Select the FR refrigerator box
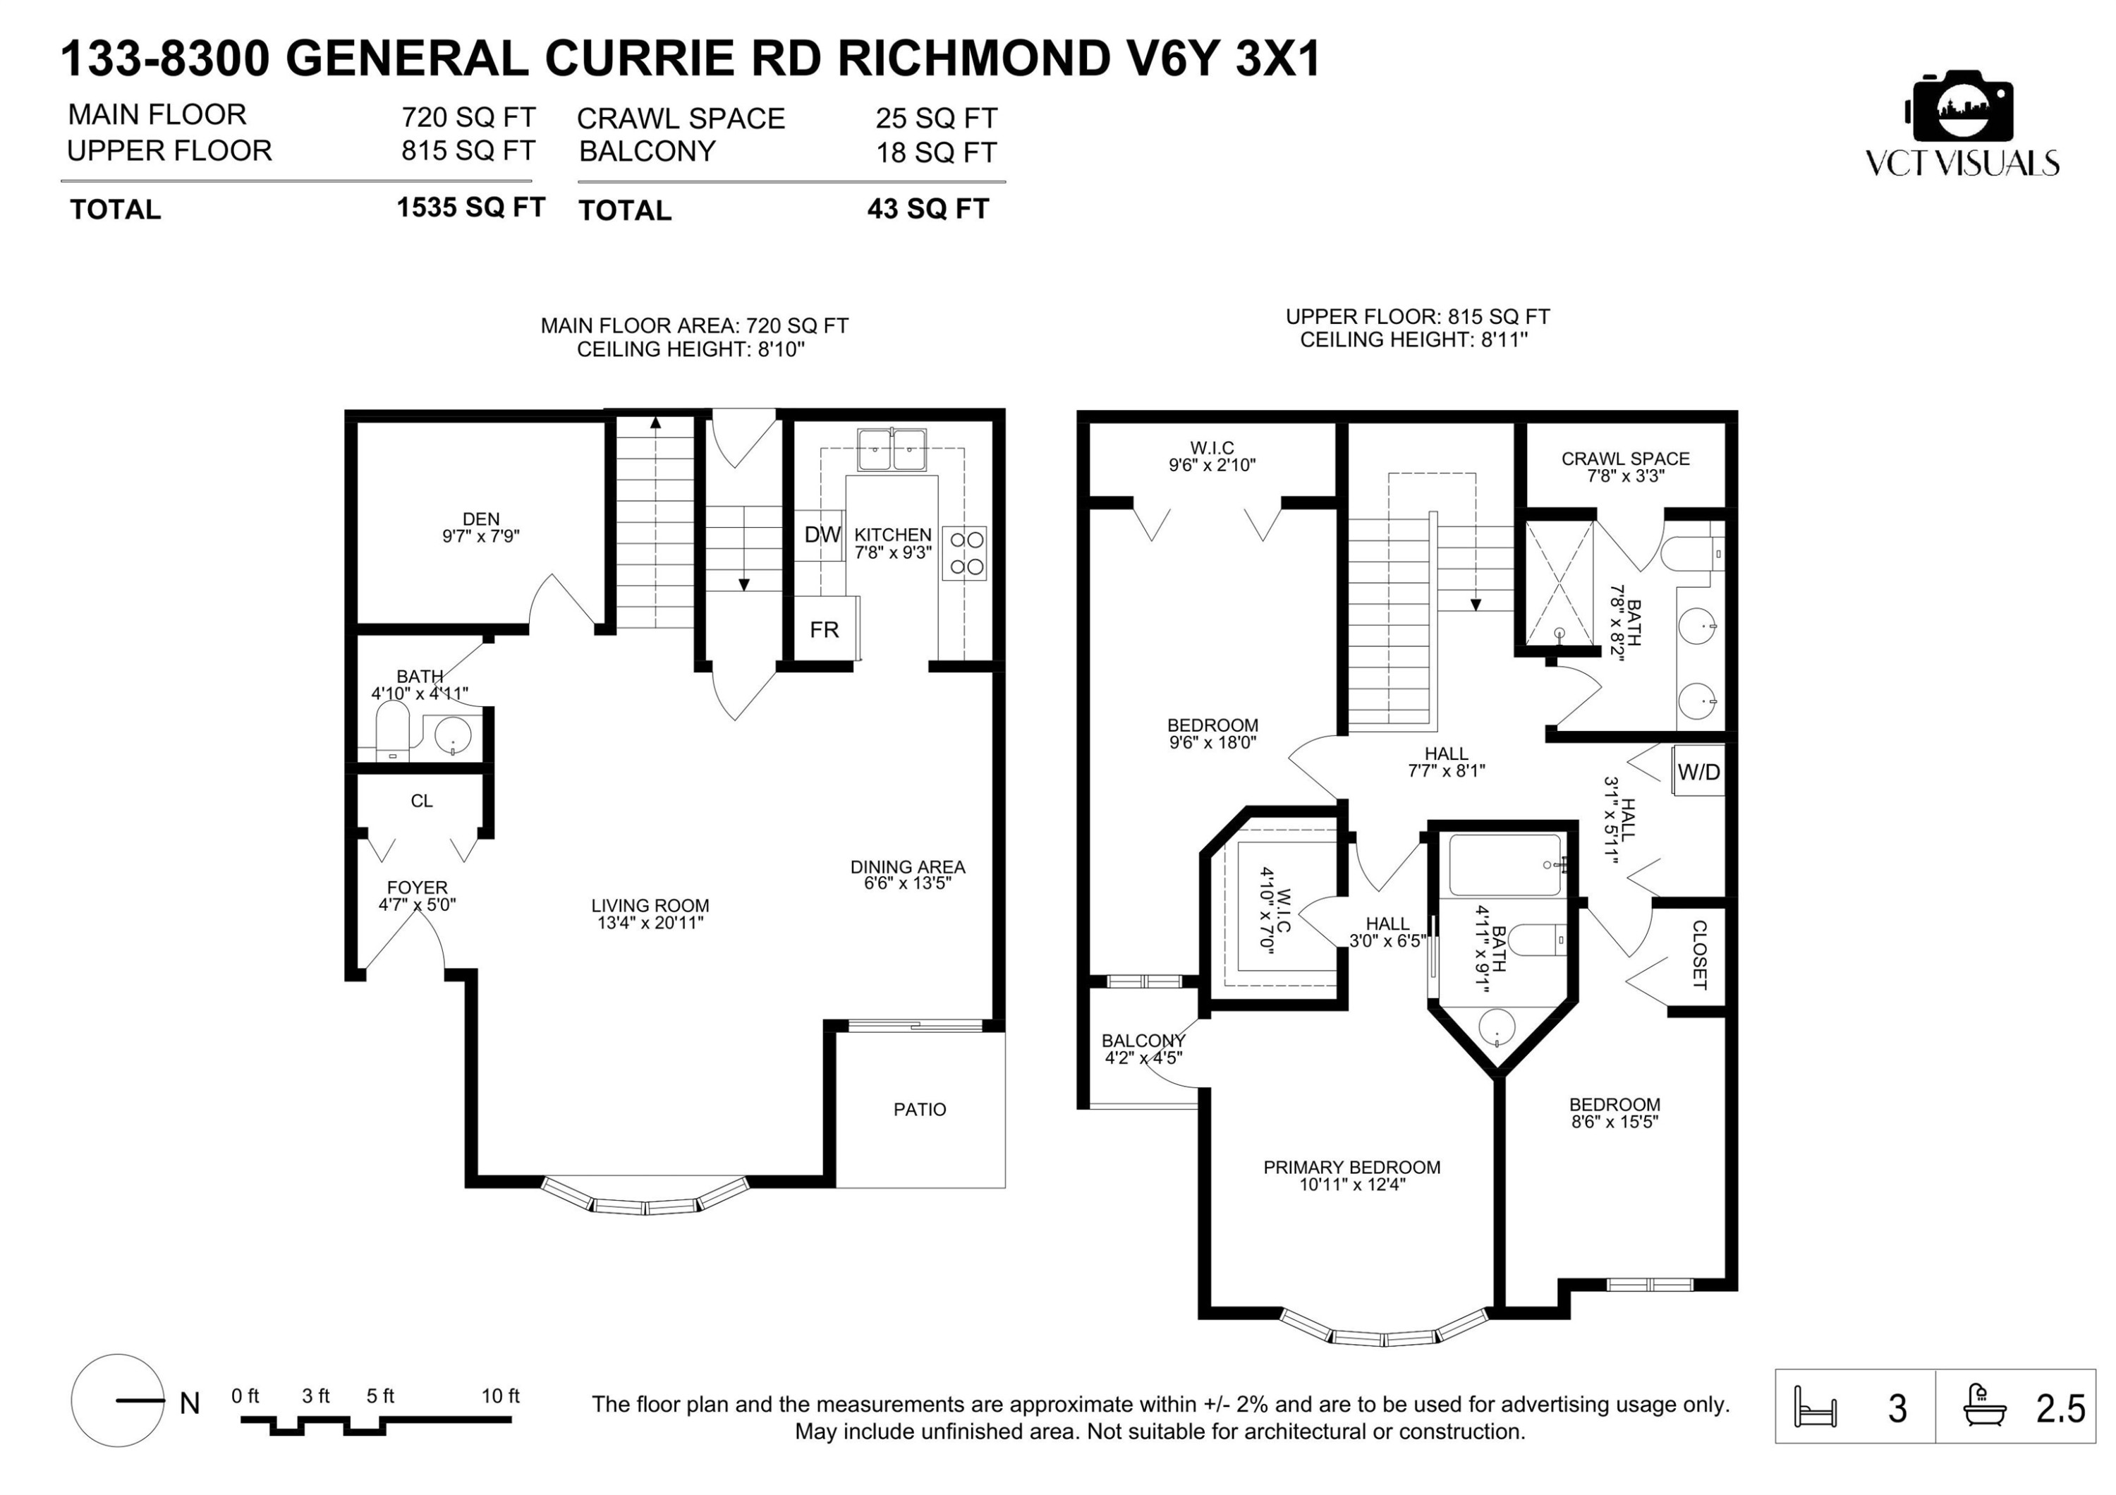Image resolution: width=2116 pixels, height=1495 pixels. pyautogui.click(x=826, y=629)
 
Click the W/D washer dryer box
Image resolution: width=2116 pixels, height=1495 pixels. pyautogui.click(x=1698, y=770)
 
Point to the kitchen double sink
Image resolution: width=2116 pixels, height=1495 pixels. pyautogui.click(x=892, y=450)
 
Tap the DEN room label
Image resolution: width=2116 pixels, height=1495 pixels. pyautogui.click(x=481, y=519)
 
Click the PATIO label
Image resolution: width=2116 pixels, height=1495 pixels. pyautogui.click(x=920, y=1109)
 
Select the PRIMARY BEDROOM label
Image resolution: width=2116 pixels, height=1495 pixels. pyautogui.click(x=1352, y=1167)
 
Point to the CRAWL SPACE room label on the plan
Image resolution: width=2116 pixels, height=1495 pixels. pyautogui.click(x=1626, y=458)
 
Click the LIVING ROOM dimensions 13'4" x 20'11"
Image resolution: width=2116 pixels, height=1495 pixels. pyautogui.click(x=650, y=923)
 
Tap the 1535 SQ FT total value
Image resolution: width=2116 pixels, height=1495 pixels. pyautogui.click(x=471, y=207)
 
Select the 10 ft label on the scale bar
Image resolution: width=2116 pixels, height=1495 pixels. pyautogui.click(x=500, y=1396)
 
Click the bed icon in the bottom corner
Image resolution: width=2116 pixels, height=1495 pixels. pyautogui.click(x=1815, y=1408)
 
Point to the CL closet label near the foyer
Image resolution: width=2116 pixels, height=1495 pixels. pyautogui.click(x=421, y=801)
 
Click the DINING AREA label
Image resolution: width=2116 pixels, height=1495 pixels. pyautogui.click(x=908, y=866)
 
